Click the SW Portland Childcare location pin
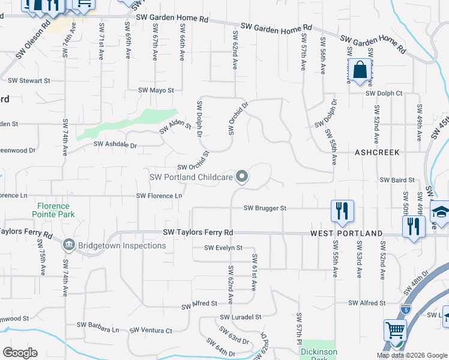point(242,176)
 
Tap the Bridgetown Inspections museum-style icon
point(68,245)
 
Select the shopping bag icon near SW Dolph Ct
point(360,71)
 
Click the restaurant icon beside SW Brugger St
point(342,211)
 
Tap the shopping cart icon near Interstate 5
point(395,331)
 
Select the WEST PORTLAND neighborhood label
point(346,233)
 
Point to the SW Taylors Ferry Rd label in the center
point(198,232)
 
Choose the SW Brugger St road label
point(265,208)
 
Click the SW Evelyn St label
point(223,247)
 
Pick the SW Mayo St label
point(155,90)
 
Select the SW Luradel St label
point(241,316)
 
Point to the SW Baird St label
point(397,179)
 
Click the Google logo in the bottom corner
point(20,352)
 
